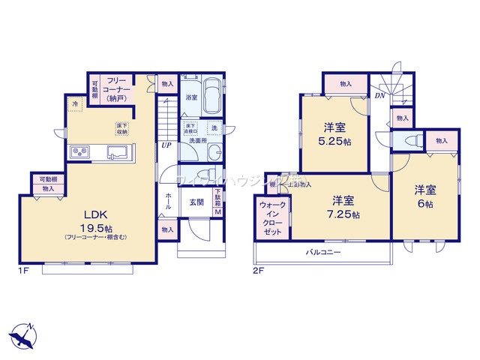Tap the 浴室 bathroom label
pos(190,97)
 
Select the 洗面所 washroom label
pos(198,140)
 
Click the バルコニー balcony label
pos(323,252)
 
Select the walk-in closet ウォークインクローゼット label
pos(271,217)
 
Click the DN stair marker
pos(380,95)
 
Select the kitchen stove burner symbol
pos(80,153)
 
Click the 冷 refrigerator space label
pos(75,103)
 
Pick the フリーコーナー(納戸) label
pos(116,88)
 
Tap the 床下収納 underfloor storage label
pos(121,127)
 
